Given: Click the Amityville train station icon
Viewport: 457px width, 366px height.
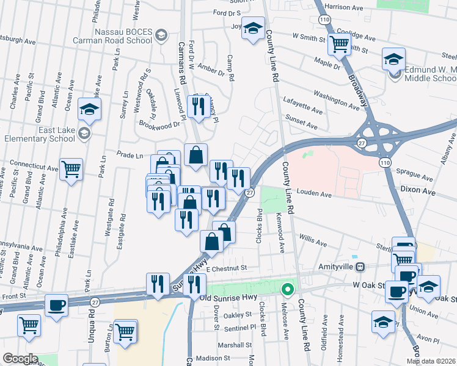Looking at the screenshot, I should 361,267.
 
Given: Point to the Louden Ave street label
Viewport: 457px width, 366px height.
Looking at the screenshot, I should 313,193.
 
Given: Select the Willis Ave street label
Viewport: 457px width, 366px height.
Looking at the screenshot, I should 312,239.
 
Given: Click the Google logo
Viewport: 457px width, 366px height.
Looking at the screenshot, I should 20,359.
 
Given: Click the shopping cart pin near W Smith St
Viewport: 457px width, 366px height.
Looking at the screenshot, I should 338,43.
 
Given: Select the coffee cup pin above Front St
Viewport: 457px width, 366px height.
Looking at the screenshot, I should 57,304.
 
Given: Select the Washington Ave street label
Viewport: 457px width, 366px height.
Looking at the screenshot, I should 337,99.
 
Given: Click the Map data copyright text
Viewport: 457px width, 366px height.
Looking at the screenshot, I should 430,361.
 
